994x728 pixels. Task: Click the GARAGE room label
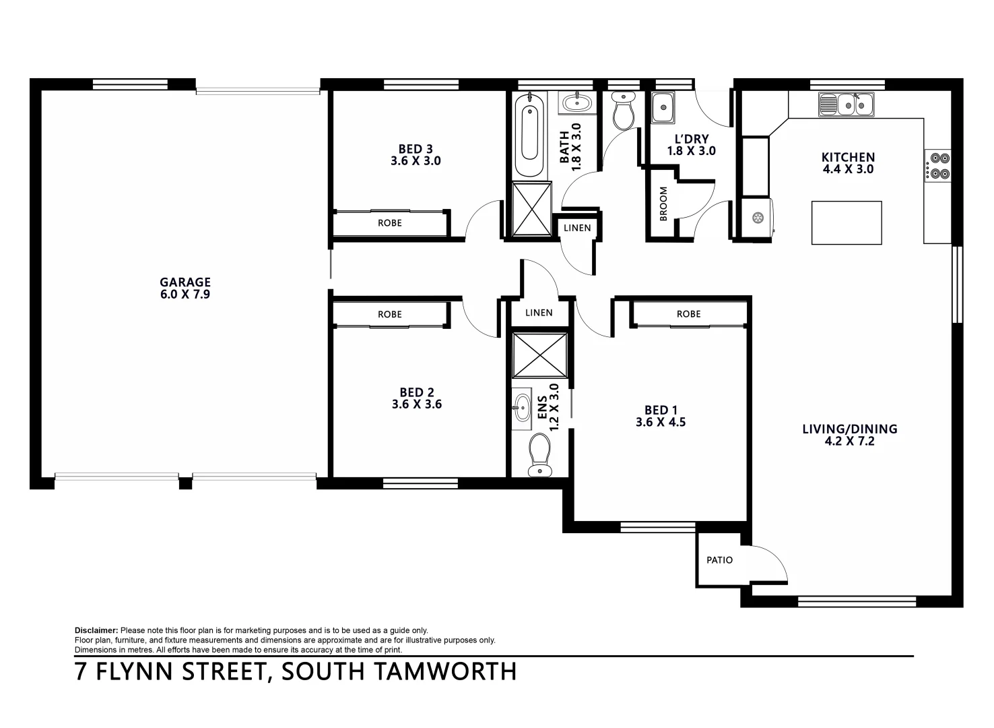coord(185,282)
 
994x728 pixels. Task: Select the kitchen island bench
coord(847,222)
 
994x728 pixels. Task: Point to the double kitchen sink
coord(846,104)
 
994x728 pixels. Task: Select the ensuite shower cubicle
coord(539,354)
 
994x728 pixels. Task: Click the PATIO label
coord(719,560)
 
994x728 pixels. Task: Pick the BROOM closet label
coord(663,204)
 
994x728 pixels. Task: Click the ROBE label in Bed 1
coord(688,314)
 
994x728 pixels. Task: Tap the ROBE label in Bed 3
coord(389,223)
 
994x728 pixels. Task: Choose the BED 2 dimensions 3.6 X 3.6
coord(416,405)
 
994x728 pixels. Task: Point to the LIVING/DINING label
coord(849,429)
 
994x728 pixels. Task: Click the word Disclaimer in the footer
coord(96,630)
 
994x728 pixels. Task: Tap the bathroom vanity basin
coord(576,103)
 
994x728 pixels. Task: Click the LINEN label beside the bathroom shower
coord(577,228)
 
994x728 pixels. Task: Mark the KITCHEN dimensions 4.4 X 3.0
coord(848,169)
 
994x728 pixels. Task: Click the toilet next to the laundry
coord(624,111)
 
